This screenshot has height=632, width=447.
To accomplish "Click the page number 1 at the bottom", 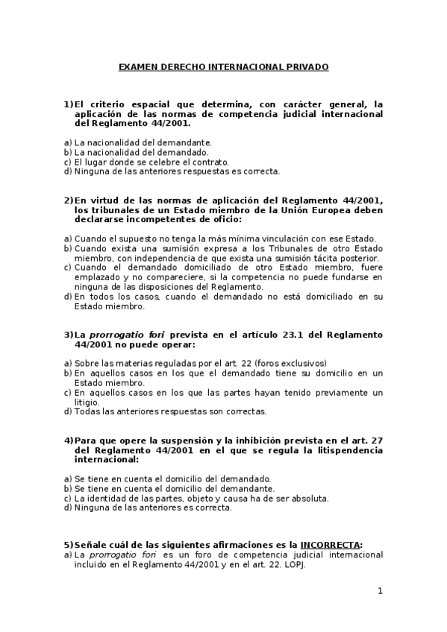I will [380, 592].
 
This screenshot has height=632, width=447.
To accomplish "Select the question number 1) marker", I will [69, 104].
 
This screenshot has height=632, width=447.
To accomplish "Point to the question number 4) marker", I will [69, 440].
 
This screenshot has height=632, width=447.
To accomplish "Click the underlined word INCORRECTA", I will [329, 545].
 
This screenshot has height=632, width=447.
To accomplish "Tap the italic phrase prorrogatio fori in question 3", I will [122, 335].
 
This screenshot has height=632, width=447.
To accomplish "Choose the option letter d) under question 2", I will [68, 296].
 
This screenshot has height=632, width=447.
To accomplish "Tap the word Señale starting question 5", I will [92, 545].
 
